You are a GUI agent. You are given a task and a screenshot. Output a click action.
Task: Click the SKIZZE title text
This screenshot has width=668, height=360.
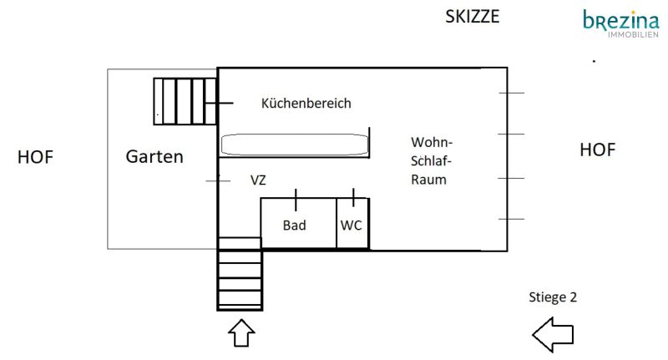tap(473, 17)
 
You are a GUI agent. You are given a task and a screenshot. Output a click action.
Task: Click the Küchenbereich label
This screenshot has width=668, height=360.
tap(306, 104)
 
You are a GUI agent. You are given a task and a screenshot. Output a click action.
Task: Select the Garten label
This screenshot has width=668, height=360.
tap(154, 156)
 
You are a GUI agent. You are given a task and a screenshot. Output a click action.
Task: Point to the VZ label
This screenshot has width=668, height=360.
tap(259, 180)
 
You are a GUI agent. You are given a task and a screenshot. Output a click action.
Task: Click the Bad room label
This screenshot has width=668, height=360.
tap(294, 226)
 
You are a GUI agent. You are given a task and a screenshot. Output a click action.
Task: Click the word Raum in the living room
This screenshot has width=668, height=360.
tap(429, 180)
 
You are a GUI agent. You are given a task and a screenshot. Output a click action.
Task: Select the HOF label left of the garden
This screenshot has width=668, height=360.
tap(35, 156)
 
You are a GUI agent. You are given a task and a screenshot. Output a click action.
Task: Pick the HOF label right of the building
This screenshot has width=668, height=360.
tap(597, 150)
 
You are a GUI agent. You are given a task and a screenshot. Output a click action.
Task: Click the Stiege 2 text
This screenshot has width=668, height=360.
tap(553, 297)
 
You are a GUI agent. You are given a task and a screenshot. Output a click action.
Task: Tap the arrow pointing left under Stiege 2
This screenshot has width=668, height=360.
tap(553, 336)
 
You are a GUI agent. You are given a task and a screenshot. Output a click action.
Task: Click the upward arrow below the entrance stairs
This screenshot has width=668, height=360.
tap(241, 333)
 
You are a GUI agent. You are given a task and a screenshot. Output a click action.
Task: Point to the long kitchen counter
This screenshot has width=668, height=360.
tap(294, 144)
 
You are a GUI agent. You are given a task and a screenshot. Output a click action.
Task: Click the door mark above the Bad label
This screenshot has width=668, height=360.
tap(296, 199)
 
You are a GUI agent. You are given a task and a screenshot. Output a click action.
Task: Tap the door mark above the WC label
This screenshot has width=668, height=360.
tap(354, 198)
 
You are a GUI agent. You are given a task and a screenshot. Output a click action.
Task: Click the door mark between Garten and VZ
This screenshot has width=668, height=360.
tap(218, 180)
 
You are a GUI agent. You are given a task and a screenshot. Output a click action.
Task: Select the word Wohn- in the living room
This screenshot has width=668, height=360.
tap(432, 141)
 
